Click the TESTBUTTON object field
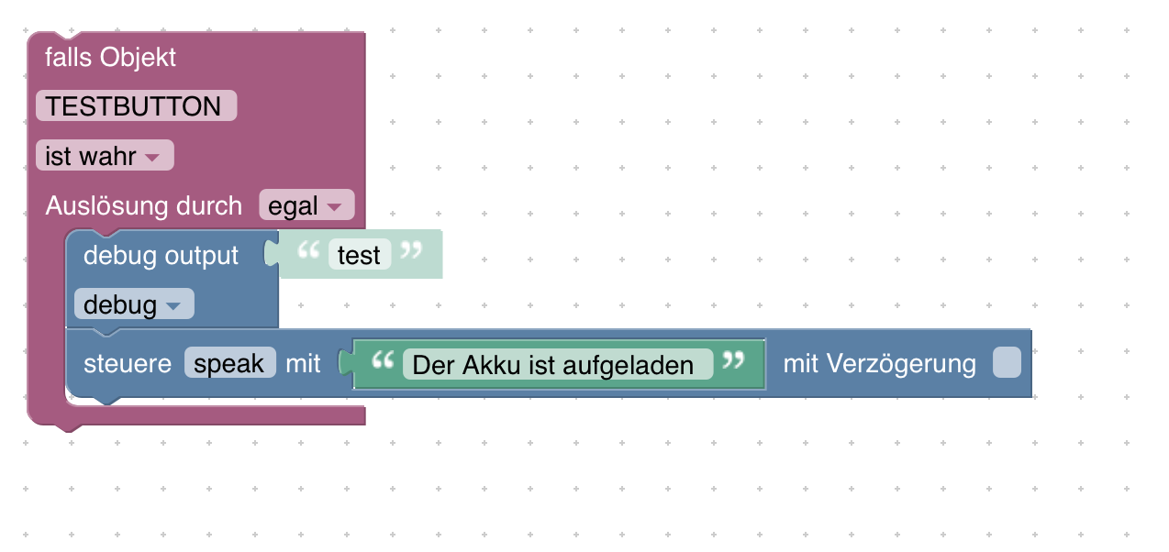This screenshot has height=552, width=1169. (136, 106)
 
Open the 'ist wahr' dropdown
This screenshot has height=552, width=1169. (105, 156)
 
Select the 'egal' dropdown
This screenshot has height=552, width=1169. (306, 205)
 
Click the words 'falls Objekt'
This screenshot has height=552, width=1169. (110, 58)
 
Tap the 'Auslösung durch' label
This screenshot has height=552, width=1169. (143, 205)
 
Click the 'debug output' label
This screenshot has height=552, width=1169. (161, 256)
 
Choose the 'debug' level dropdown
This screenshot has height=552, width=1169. (134, 304)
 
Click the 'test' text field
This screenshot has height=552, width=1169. (359, 255)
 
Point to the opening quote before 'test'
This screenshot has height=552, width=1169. (308, 250)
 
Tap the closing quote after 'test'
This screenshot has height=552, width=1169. (411, 250)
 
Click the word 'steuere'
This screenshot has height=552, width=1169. (128, 364)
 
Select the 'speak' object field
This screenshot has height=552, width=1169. (229, 363)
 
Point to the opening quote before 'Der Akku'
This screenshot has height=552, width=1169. (383, 360)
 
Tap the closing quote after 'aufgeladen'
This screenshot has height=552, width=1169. (733, 360)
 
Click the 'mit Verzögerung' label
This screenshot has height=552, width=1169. (879, 364)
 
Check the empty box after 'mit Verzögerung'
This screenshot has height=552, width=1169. (1007, 362)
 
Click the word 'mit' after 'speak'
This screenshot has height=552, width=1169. (303, 364)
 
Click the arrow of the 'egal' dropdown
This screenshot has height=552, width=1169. (334, 207)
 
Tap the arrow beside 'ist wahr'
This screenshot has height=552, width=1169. (152, 158)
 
